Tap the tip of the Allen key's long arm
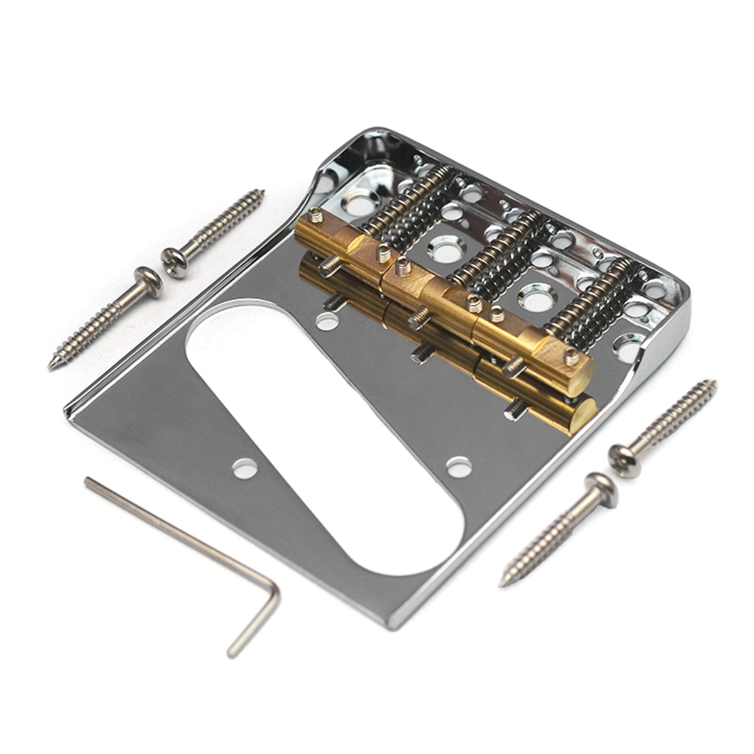[89, 482]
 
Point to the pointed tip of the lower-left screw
[52, 365]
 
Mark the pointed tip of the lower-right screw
[503, 582]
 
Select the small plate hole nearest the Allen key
[244, 468]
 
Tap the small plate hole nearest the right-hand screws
[459, 467]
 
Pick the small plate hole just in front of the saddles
[327, 322]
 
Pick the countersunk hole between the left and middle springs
[445, 251]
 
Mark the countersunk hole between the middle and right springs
[537, 298]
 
